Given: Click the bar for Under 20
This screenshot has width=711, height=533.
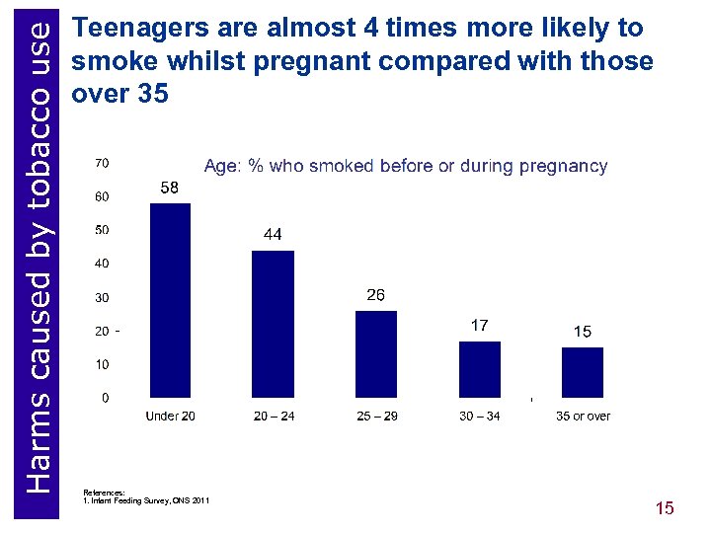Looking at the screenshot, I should coord(170,300).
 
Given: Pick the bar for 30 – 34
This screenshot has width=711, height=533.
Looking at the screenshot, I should coord(480,369).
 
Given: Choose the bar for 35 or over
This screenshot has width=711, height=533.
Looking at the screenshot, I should coord(583,372).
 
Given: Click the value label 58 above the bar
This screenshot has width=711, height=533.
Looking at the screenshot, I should coord(170,188).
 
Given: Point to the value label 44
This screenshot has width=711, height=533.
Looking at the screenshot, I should coord(274,235).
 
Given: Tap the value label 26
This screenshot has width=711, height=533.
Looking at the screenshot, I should coord(376,295).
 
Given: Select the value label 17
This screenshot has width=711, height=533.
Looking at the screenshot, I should coord(479,325).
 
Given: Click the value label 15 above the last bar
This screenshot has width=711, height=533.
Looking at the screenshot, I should coord(583,332).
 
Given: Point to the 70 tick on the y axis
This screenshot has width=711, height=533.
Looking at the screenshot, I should coord(102,162).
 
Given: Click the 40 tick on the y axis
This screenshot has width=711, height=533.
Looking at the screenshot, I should coord(102,264).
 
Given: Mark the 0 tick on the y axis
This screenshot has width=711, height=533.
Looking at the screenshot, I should coord(105,398).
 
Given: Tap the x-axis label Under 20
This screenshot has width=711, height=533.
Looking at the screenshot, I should coord(171,417).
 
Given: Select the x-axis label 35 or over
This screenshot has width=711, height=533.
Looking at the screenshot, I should coord(583,417).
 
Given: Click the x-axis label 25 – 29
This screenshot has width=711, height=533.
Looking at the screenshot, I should coord(377,417).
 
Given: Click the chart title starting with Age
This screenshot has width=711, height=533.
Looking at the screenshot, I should coord(405,166).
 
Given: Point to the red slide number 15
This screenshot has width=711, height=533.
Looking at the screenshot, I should coord(665,508).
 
